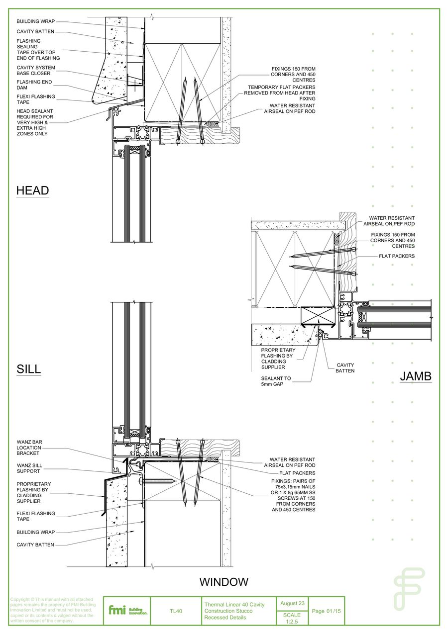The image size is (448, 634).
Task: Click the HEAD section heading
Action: pyautogui.click(x=32, y=190)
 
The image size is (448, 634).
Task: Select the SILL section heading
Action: pyautogui.click(x=28, y=369)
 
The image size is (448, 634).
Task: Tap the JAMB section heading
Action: pyautogui.click(x=416, y=376)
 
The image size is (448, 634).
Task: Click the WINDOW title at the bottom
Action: pyautogui.click(x=224, y=582)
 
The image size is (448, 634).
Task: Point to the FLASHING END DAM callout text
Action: pyautogui.click(x=34, y=85)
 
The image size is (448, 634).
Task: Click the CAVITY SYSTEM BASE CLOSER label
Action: pyautogui.click(x=36, y=71)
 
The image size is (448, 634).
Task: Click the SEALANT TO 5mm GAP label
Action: pyautogui.click(x=276, y=381)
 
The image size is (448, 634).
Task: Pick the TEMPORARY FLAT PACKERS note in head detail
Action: pyautogui.click(x=281, y=93)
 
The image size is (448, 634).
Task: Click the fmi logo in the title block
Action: pyautogui.click(x=127, y=610)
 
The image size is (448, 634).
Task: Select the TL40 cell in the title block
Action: pyautogui.click(x=176, y=611)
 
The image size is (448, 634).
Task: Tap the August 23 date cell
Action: pyautogui.click(x=292, y=603)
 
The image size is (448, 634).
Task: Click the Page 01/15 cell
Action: pyautogui.click(x=326, y=611)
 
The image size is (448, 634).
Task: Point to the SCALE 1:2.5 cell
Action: pyautogui.click(x=292, y=618)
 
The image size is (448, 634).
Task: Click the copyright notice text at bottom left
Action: pyautogui.click(x=52, y=610)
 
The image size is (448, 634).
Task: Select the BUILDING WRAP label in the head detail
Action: pyautogui.click(x=35, y=21)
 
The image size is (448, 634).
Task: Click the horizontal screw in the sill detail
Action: pyautogui.click(x=158, y=481)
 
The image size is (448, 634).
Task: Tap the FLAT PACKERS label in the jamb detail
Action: pyautogui.click(x=396, y=256)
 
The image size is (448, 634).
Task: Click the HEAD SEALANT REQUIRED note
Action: pyautogui.click(x=35, y=122)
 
